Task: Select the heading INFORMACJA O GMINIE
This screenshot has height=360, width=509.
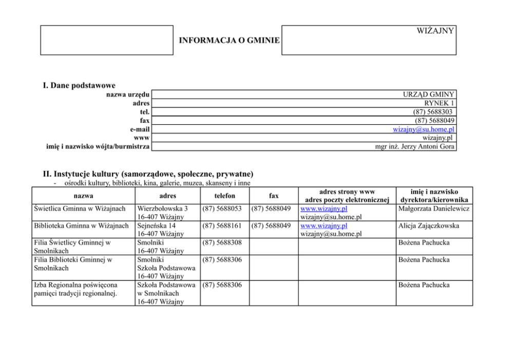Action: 229,40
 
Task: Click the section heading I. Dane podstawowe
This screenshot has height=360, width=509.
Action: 79,85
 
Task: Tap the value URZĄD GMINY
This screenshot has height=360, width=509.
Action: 429,94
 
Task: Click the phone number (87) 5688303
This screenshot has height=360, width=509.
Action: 434,112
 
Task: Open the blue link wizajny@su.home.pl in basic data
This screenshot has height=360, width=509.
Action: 423,129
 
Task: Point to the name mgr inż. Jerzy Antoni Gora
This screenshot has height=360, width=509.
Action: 415,147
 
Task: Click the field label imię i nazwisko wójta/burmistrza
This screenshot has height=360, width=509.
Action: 98,147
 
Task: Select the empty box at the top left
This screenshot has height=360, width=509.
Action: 107,40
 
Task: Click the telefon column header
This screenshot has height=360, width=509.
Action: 225,196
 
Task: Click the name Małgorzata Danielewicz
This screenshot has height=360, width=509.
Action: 434,209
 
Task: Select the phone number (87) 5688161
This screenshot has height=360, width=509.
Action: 222,225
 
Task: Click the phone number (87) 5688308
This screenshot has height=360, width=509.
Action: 222,242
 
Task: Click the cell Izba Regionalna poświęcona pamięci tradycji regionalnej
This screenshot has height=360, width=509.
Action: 76,289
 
